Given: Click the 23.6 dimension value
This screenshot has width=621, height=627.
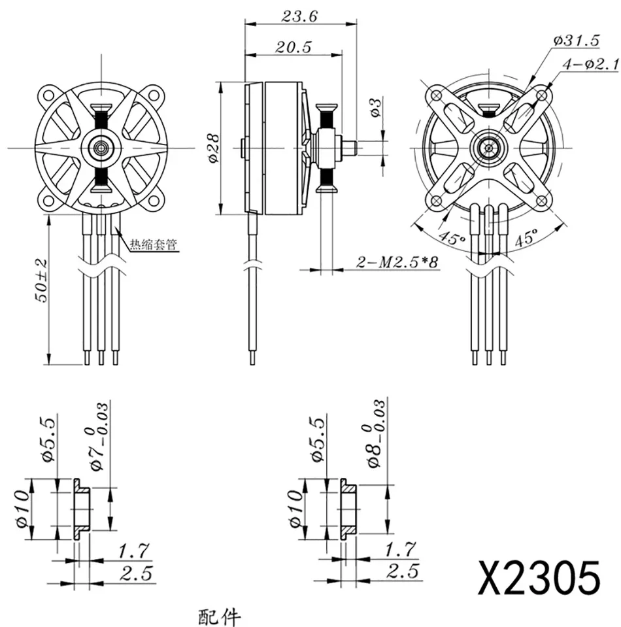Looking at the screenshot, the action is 299,16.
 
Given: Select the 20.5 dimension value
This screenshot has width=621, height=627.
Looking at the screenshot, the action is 293,47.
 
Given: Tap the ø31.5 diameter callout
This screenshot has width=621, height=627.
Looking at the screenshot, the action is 577,41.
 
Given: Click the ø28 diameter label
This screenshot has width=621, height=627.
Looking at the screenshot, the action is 214,148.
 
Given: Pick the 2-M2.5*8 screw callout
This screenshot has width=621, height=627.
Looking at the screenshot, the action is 397,262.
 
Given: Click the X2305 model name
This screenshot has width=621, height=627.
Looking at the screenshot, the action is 539,578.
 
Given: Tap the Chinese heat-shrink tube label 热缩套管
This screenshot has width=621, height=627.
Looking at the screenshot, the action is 154,245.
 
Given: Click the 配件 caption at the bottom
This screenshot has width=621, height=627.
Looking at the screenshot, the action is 220,617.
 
